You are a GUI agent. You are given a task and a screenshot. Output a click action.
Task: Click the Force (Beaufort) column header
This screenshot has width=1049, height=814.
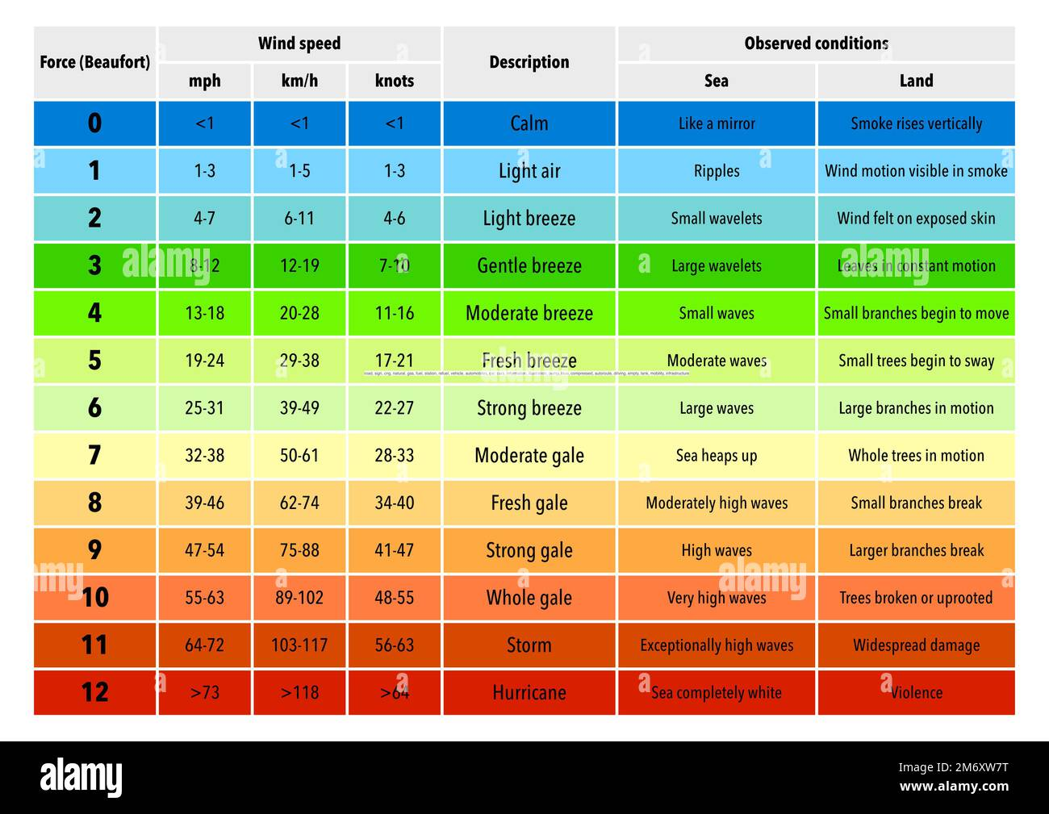point(94,62)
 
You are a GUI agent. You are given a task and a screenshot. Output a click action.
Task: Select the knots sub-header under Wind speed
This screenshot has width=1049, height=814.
point(394,81)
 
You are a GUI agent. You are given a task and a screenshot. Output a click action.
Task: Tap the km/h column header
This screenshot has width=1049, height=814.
point(299,81)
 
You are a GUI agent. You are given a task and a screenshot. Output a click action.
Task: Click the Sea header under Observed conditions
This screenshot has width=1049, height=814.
point(716,81)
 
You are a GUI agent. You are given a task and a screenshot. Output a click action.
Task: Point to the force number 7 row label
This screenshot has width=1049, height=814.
point(94,455)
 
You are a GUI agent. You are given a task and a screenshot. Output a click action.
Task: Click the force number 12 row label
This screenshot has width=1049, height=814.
point(94,692)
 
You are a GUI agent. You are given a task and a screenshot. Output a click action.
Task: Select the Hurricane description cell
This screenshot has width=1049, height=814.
point(529,692)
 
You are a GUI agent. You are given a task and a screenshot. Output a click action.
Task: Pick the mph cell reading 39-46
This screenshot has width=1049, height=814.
point(204,503)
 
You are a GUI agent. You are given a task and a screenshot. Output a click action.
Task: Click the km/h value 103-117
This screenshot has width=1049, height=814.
point(299,645)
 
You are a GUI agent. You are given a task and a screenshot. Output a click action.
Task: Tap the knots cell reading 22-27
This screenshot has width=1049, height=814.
point(394,408)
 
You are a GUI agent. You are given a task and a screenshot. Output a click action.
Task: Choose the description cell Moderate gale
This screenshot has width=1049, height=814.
point(529,455)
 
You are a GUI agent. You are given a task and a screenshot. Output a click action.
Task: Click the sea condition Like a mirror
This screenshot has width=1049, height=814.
point(716,123)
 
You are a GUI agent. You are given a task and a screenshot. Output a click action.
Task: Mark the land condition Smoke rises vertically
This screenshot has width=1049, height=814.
point(916,123)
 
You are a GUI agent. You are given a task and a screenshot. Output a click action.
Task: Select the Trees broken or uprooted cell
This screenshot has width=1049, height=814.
point(916,598)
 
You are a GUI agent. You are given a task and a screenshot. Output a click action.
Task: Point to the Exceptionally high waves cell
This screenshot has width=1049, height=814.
point(716,645)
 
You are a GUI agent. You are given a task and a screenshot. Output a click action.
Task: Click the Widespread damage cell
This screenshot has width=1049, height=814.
point(916,645)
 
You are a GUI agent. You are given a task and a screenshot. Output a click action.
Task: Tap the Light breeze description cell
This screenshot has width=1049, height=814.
point(529,218)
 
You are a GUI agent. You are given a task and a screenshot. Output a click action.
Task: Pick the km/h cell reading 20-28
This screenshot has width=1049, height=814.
point(299,313)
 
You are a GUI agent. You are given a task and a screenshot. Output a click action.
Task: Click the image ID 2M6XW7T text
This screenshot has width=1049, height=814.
point(953,766)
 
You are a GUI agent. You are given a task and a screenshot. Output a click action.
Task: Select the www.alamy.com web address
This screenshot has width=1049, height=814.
point(953,787)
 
